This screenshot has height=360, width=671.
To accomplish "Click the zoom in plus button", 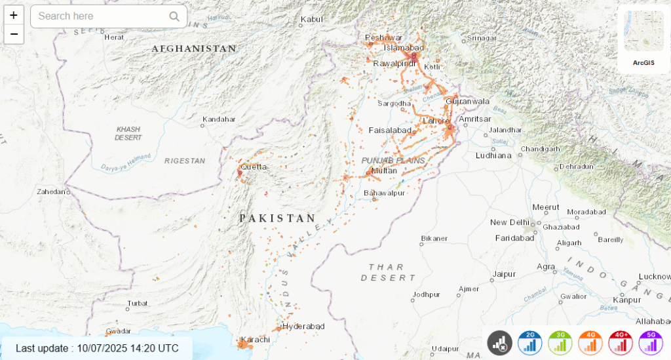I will (x=14, y=15).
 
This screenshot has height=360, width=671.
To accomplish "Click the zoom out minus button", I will (x=14, y=34).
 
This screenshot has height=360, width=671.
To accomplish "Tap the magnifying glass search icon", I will (x=174, y=16).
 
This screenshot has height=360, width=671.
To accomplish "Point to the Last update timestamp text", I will (x=97, y=348).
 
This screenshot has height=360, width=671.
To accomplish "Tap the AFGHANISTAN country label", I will (x=194, y=49).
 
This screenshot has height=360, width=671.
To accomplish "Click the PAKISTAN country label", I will (x=277, y=218).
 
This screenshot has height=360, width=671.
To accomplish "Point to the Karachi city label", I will (x=255, y=340).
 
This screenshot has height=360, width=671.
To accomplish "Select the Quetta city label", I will (x=254, y=167).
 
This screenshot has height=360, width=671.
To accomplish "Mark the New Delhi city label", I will (x=508, y=222).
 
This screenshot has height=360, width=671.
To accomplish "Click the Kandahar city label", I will (x=219, y=119).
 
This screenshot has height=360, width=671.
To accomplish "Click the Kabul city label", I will (x=312, y=19).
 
